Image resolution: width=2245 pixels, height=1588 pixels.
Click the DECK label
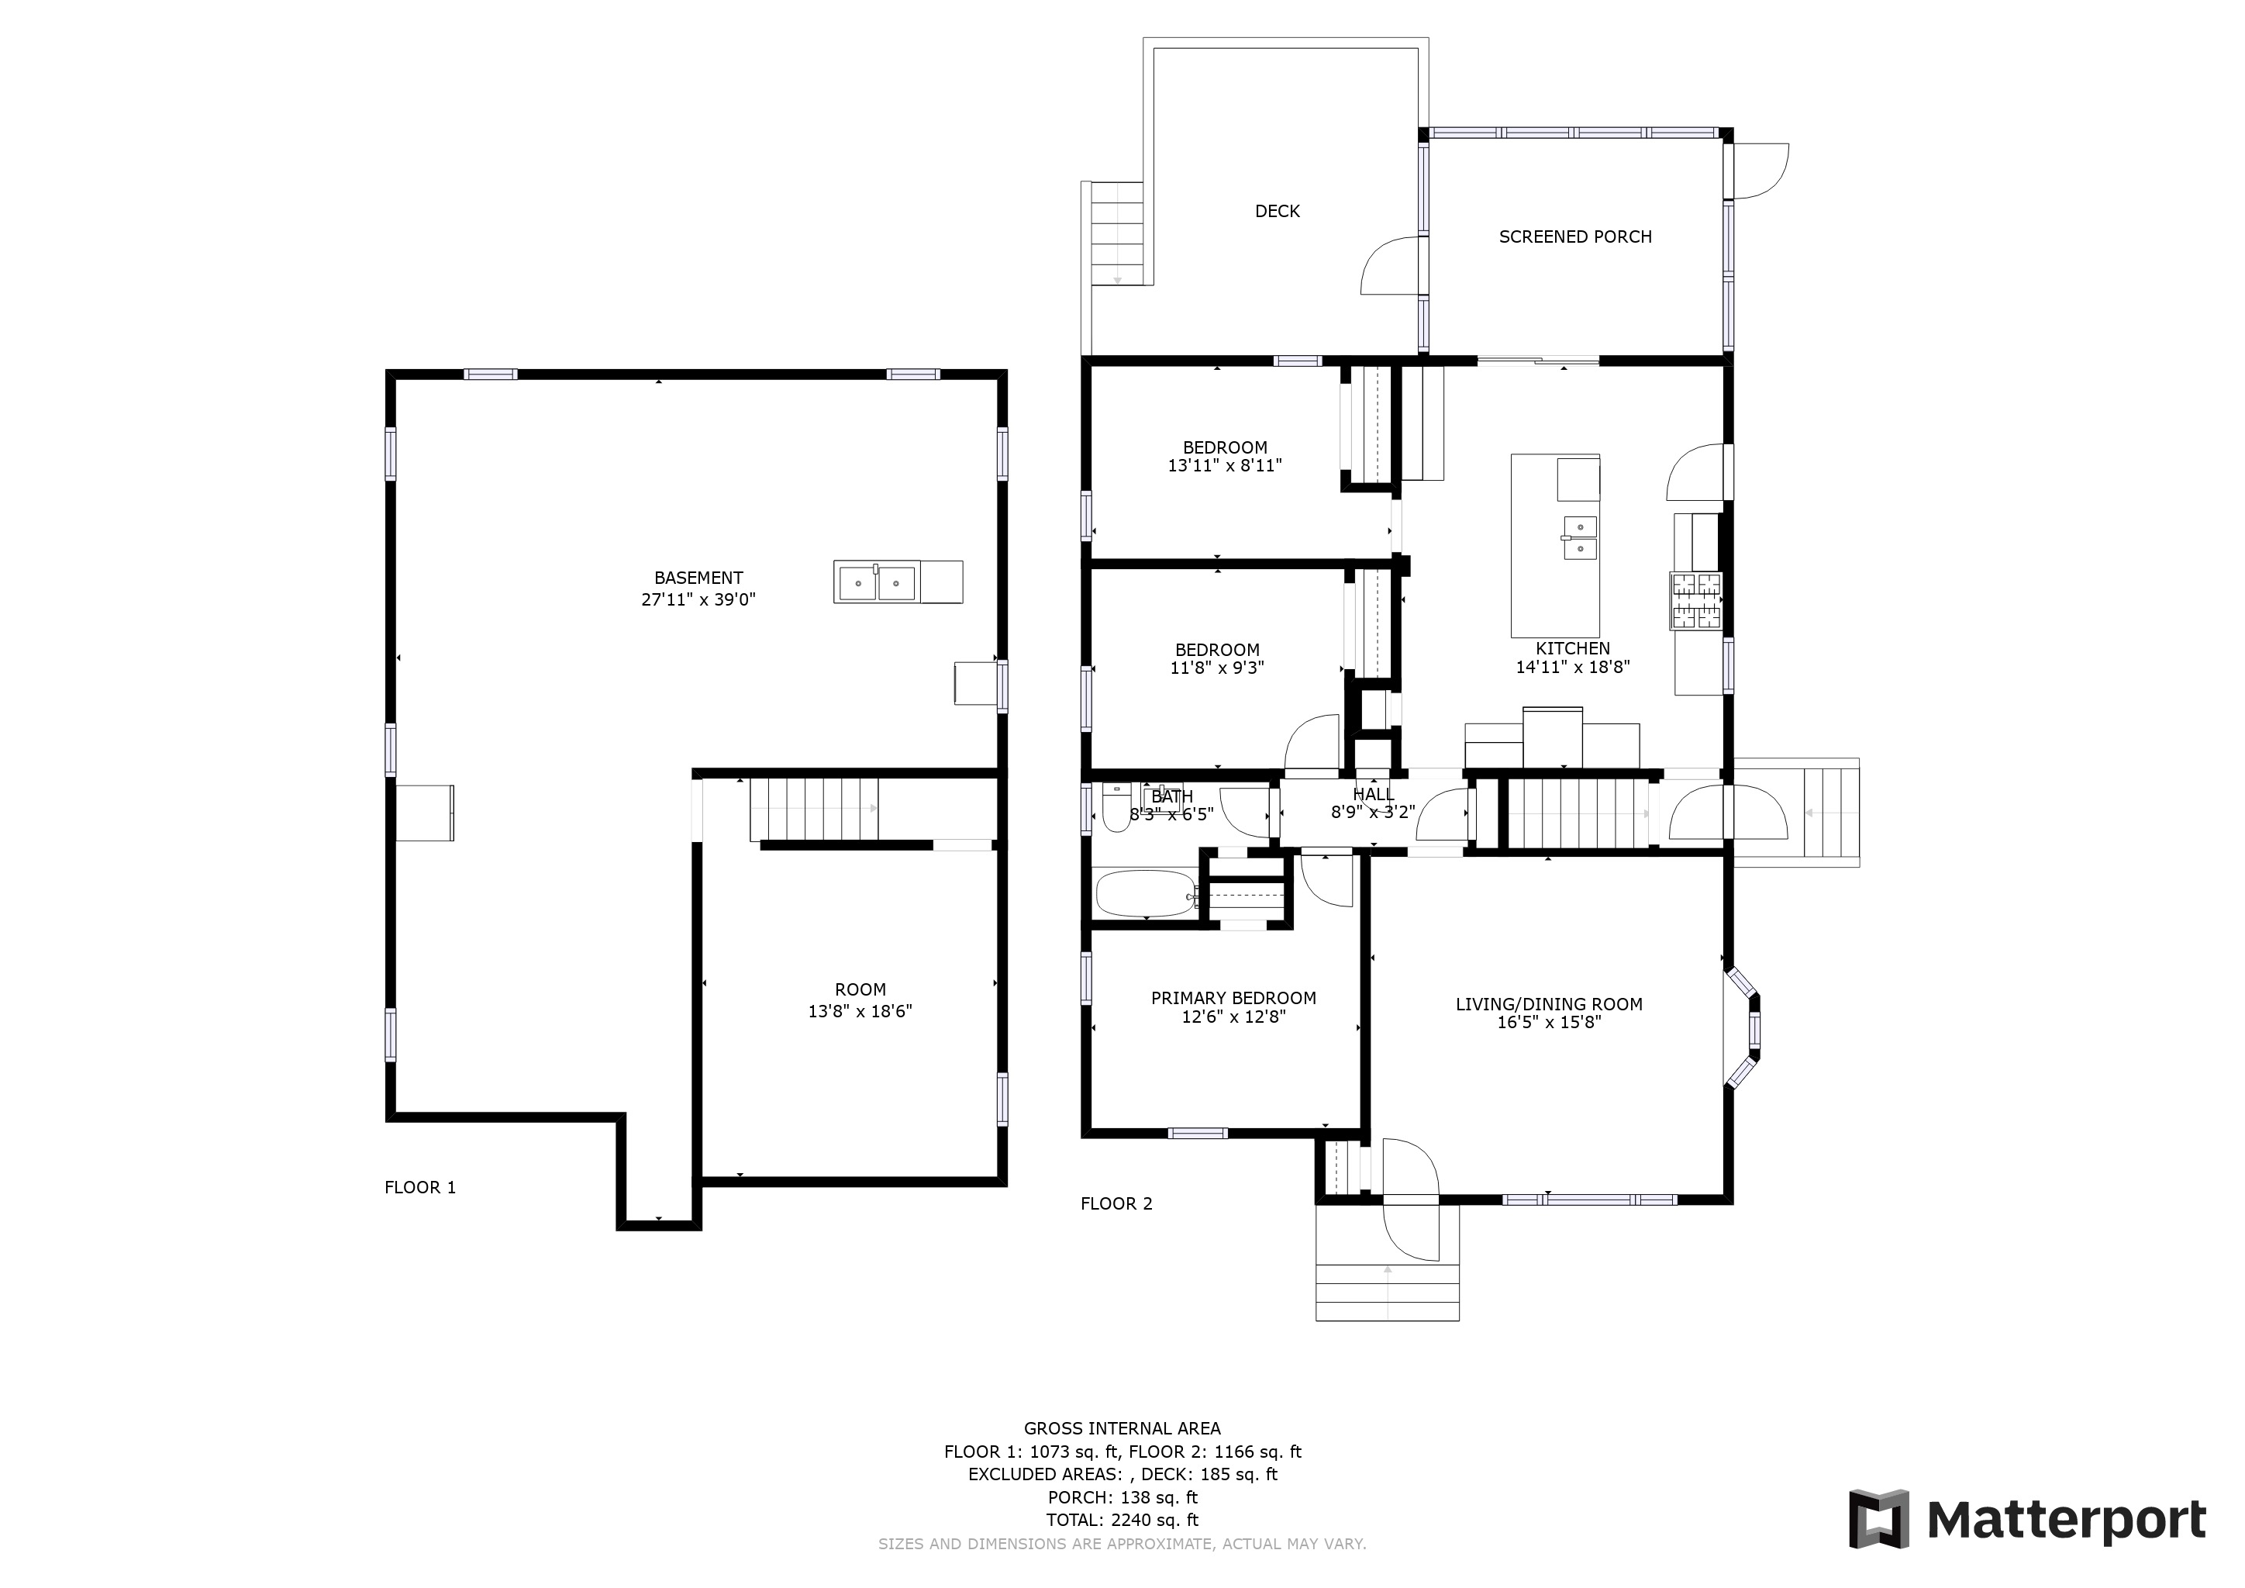(1277, 211)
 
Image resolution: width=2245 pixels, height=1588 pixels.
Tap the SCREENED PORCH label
(1575, 236)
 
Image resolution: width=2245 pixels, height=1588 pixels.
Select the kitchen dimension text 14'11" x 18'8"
(1572, 668)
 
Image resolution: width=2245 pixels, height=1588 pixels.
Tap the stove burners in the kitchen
(1695, 600)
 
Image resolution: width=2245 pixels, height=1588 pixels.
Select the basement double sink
(877, 582)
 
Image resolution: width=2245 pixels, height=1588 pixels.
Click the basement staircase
(813, 809)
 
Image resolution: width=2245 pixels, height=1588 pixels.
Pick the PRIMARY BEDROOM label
(1233, 999)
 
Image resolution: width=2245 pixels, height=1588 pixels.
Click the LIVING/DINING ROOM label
(1549, 1004)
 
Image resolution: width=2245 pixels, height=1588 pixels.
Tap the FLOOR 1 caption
(420, 1187)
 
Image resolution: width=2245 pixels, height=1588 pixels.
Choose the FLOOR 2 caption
(1116, 1203)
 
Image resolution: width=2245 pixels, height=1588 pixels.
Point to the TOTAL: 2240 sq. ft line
(1122, 1520)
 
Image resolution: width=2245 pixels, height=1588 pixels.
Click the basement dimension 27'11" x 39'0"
(698, 599)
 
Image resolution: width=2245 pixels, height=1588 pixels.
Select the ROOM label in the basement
(860, 989)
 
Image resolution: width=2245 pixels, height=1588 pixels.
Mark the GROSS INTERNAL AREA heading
(1122, 1428)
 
